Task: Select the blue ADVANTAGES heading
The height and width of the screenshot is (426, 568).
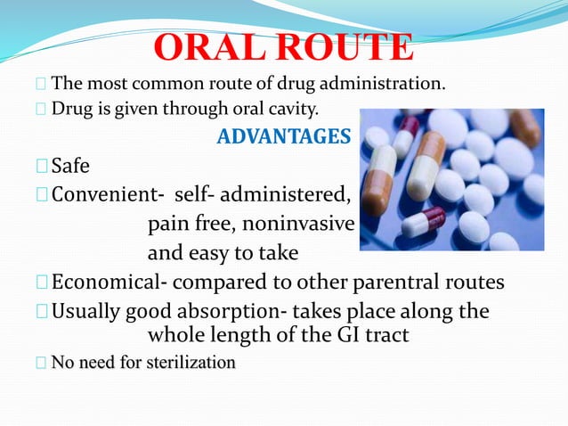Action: pyautogui.click(x=284, y=138)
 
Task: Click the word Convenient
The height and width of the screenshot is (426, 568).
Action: pyautogui.click(x=106, y=193)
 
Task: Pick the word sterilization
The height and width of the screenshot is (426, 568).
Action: pyautogui.click(x=189, y=363)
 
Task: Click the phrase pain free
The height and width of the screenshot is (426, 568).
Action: pyautogui.click(x=188, y=222)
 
